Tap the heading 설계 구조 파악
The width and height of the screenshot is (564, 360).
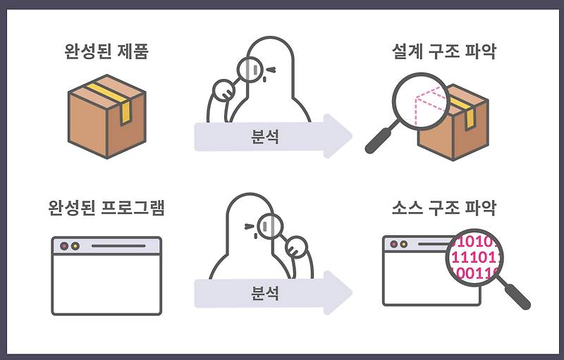(x=444, y=52)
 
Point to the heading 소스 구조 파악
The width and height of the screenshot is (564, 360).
(x=444, y=209)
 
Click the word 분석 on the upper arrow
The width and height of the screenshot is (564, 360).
(x=264, y=136)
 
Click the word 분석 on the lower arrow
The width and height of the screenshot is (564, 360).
(x=264, y=292)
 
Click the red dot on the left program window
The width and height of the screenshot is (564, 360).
(x=64, y=247)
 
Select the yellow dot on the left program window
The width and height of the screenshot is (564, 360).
(x=75, y=247)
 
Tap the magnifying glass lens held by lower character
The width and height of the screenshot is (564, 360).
(x=269, y=227)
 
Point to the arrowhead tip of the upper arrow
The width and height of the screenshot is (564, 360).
(x=350, y=135)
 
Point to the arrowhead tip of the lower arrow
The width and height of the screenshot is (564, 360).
(x=350, y=292)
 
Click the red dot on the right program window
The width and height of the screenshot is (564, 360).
(x=393, y=244)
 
